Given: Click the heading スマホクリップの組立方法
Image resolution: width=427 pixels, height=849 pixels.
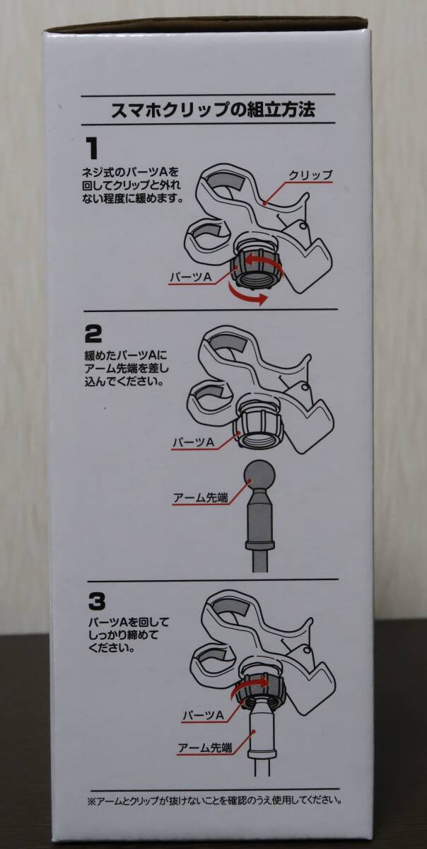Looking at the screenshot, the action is click(213, 110).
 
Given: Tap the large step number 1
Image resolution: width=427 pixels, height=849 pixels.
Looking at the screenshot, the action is click(93, 149).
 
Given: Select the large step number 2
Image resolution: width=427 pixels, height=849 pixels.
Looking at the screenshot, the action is click(93, 335).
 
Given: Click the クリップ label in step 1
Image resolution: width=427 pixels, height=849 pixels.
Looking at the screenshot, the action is click(310, 175).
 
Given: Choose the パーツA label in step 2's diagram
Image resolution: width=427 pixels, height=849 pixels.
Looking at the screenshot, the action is click(194, 441).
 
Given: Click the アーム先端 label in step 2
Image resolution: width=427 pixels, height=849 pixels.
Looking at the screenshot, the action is click(201, 497).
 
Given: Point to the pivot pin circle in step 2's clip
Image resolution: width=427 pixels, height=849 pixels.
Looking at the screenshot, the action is click(305, 387).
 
